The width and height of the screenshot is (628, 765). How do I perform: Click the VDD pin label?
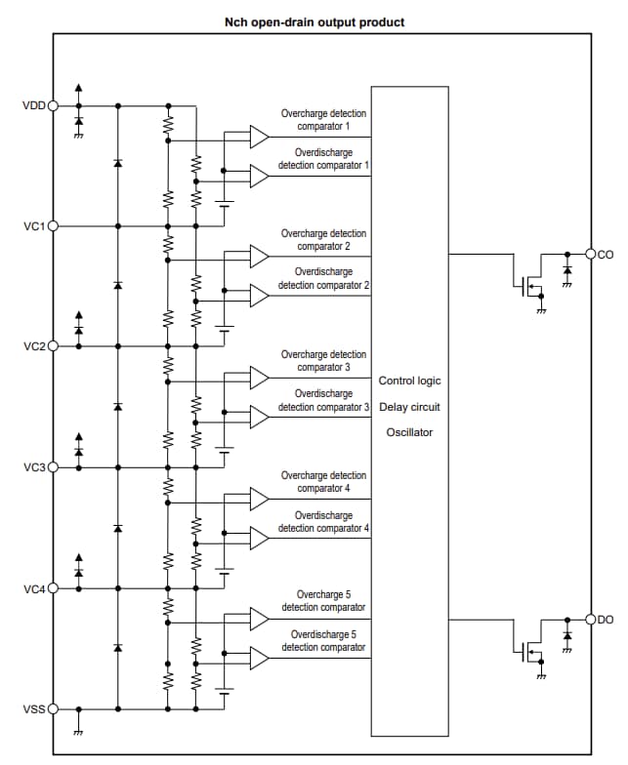[x=33, y=105]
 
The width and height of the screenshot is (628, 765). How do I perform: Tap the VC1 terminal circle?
[x=53, y=225]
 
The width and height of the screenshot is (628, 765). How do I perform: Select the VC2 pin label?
[x=33, y=346]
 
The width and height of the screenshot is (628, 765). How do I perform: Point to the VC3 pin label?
[x=33, y=467]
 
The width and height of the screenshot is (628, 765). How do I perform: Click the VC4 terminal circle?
[x=53, y=588]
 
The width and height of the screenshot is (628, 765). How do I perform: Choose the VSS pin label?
[x=33, y=709]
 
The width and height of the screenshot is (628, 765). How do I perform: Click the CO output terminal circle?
[x=591, y=255]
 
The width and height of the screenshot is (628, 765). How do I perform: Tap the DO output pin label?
[x=606, y=620]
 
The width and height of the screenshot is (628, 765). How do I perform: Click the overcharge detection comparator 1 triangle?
[x=259, y=137]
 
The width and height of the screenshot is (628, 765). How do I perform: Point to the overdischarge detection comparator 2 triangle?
[x=259, y=295]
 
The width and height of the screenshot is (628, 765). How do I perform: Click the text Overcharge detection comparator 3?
[x=323, y=361]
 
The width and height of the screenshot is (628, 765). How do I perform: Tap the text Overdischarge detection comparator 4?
[x=323, y=521]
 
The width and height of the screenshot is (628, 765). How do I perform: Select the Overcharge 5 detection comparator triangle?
[x=259, y=619]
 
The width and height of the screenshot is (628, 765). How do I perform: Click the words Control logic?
[x=409, y=380]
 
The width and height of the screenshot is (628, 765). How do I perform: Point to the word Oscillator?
[x=409, y=432]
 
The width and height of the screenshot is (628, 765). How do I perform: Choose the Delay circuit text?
[x=409, y=406]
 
